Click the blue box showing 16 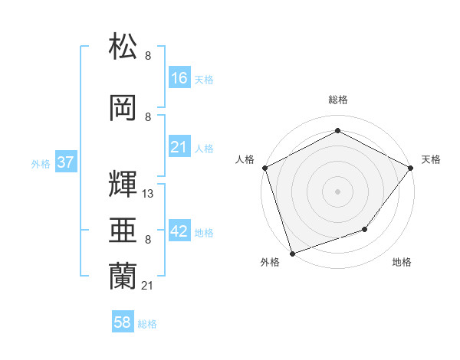pyautogui.click(x=179, y=78)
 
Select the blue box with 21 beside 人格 pyautogui.click(x=179, y=147)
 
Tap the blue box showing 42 pyautogui.click(x=179, y=231)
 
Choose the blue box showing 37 pyautogui.click(x=66, y=163)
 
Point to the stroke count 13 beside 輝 pyautogui.click(x=148, y=194)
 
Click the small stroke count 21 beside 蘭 pyautogui.click(x=148, y=286)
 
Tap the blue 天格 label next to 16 pyautogui.click(x=204, y=79)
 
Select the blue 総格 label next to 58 pyautogui.click(x=147, y=324)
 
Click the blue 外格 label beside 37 pyautogui.click(x=41, y=164)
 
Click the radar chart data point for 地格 pyautogui.click(x=365, y=229)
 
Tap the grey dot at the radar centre pyautogui.click(x=337, y=191)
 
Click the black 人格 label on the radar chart pyautogui.click(x=245, y=159)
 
